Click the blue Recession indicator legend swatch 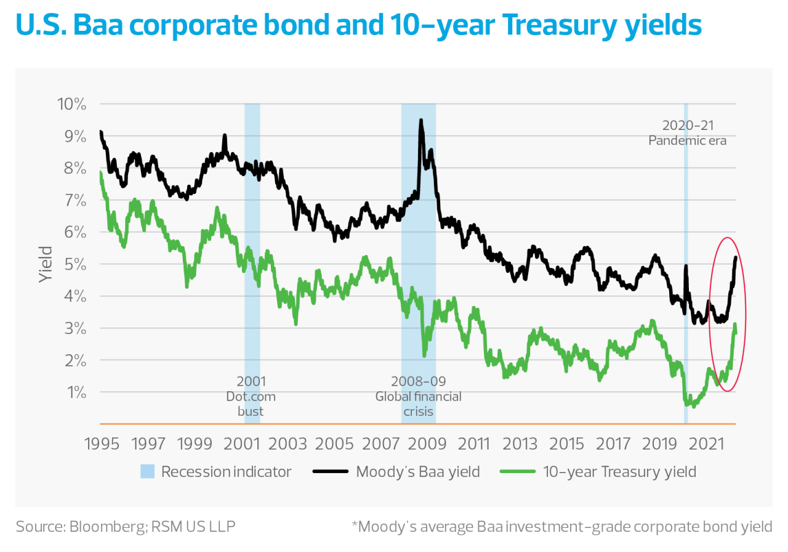[x=147, y=473]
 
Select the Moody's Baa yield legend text [x=417, y=473]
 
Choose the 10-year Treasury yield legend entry [x=619, y=473]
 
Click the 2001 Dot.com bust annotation [x=251, y=396]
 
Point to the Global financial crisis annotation [x=418, y=396]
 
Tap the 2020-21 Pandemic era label [x=687, y=132]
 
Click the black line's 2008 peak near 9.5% [x=421, y=121]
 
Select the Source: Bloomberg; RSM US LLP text [x=126, y=527]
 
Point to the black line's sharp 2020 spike [x=686, y=266]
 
